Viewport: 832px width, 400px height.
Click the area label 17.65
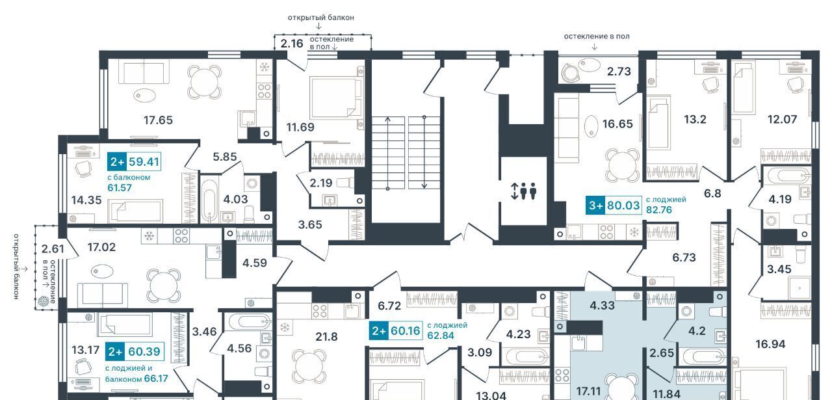click(158, 120)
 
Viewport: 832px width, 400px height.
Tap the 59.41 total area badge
click(134, 162)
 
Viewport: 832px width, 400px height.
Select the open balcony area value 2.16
click(292, 44)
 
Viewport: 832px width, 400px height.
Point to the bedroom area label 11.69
click(300, 127)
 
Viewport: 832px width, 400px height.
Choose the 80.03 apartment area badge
click(614, 206)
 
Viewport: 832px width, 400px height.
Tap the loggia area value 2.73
click(619, 71)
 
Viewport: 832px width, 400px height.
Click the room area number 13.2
click(695, 119)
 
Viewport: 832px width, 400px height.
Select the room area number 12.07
click(782, 119)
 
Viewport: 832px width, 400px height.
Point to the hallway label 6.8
click(712, 193)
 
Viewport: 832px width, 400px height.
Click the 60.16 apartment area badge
click(396, 330)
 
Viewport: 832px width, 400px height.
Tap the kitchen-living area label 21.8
click(326, 337)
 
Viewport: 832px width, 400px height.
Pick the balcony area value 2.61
click(53, 248)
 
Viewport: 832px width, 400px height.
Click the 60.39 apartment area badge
click(135, 351)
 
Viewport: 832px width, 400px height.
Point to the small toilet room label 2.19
click(321, 183)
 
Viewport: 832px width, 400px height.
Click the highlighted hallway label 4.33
click(602, 306)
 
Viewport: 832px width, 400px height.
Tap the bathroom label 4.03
click(235, 199)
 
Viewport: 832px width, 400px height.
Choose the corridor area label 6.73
click(684, 258)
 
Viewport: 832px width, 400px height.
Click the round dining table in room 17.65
click(204, 82)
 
